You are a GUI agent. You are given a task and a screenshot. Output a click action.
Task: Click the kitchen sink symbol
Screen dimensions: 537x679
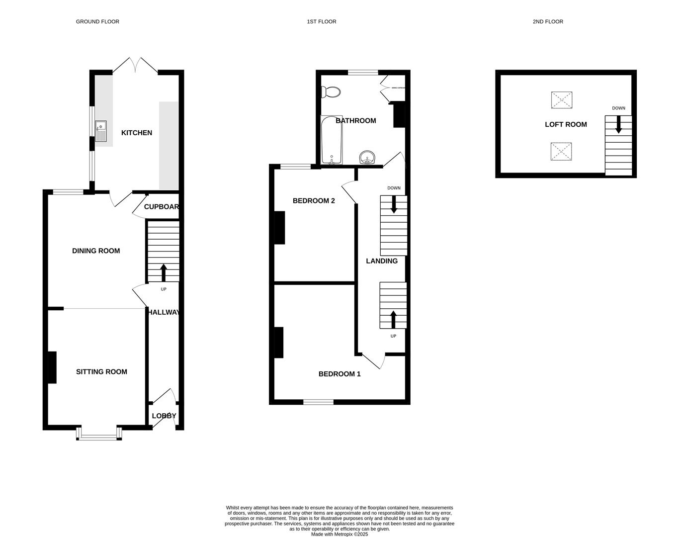[101, 131]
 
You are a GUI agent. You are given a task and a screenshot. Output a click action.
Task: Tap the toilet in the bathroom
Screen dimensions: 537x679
[331, 92]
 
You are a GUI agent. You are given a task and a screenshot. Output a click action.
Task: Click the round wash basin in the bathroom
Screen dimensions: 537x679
[368, 158]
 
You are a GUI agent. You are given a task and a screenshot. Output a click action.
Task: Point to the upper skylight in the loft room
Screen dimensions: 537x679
[562, 100]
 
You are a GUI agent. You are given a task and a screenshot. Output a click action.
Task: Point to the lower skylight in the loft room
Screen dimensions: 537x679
[562, 151]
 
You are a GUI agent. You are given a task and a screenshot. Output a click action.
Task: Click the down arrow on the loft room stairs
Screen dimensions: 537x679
[618, 124]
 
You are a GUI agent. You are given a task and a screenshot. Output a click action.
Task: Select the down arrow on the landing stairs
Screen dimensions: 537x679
[394, 204]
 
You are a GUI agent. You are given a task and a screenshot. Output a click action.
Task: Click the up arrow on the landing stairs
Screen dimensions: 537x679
[393, 319]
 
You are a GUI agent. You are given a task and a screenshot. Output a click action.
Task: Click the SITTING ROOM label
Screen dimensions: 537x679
[101, 372]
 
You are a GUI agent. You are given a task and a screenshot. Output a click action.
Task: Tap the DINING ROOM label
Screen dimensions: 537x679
[96, 251]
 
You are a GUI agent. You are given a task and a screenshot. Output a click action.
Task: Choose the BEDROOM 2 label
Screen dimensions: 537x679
[314, 201]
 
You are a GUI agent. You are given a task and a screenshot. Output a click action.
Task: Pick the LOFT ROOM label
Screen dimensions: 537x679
[566, 125]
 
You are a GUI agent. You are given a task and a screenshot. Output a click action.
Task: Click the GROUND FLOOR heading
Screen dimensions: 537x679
[97, 22]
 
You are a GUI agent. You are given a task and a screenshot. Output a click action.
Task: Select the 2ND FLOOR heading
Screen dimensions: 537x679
[548, 22]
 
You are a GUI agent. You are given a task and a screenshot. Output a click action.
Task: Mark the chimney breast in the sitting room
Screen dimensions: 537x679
[52, 367]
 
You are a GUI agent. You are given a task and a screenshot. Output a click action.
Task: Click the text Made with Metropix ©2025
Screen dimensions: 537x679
[339, 535]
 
